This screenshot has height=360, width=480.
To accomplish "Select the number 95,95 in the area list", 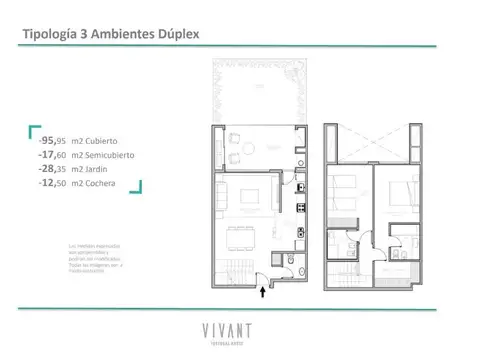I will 52,140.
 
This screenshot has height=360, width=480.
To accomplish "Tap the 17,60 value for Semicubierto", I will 52,155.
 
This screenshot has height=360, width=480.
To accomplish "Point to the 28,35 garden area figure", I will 52,170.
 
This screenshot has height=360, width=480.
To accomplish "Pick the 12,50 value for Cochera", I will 52,184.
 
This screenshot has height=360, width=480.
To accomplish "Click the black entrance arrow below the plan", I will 263,292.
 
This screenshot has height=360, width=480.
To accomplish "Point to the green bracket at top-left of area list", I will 33,129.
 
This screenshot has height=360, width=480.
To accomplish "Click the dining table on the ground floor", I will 241,240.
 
